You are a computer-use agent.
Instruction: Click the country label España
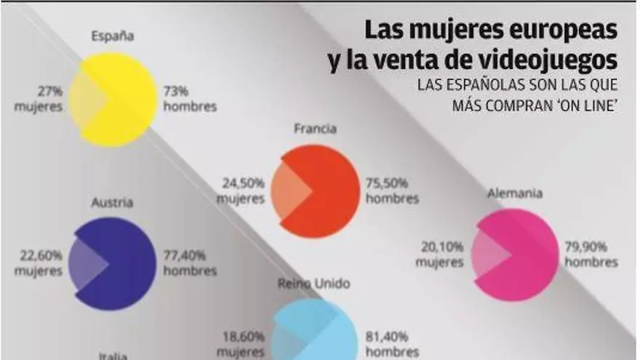tap(113, 36)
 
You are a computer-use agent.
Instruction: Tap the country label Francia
tap(315, 129)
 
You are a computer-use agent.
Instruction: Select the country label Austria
tap(112, 203)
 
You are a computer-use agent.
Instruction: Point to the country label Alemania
tap(516, 193)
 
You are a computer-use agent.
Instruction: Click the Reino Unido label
tap(313, 284)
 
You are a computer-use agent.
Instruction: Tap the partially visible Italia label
tap(113, 356)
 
